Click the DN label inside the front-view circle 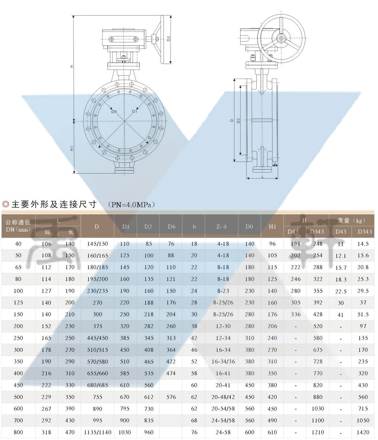(x=114, y=112)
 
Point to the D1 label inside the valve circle (x=135, y=111)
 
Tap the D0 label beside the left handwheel (x=168, y=39)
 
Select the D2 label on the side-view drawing (x=238, y=121)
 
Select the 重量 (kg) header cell (x=351, y=221)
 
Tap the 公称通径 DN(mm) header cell (x=18, y=226)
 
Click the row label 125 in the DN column (x=18, y=303)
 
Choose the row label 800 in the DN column (x=18, y=432)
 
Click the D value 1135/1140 (x=97, y=432)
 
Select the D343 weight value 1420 (x=363, y=432)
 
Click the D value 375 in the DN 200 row (x=97, y=326)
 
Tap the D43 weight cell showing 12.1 (x=341, y=256)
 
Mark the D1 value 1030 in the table (x=125, y=432)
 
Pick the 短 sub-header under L (x=47, y=232)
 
